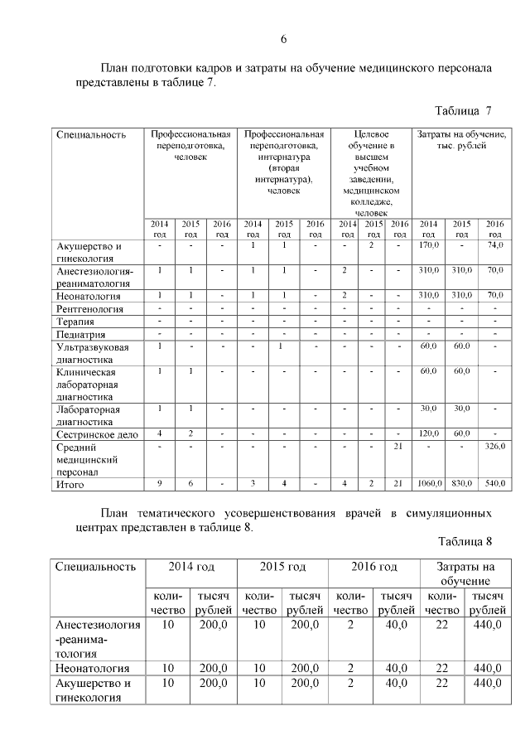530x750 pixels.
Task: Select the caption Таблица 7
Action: pos(464,110)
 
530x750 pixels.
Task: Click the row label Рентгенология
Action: pos(89,309)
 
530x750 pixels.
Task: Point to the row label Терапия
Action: pos(75,322)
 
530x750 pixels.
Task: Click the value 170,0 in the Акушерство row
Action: pos(429,246)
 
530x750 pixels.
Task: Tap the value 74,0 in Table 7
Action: pos(494,246)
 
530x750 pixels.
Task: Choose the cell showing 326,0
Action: pos(494,448)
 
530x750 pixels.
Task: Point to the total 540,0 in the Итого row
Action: pos(494,483)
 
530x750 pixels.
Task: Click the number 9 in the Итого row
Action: pos(159,483)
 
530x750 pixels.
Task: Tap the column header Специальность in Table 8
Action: pos(95,567)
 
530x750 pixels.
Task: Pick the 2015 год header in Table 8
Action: pos(282,567)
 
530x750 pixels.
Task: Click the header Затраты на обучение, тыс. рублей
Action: pos(461,139)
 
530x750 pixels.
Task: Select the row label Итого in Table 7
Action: pos(71,483)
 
